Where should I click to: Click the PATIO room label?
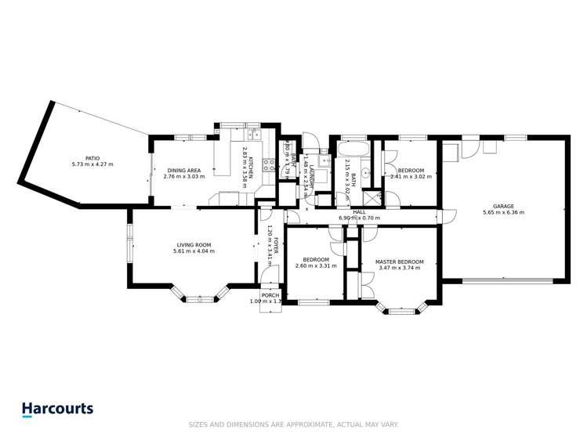[x=99, y=157]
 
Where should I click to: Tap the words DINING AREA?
[x=184, y=170]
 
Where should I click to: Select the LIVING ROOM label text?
[x=194, y=245]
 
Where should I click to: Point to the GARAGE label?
[x=503, y=206]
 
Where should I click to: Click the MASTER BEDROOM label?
[x=399, y=261]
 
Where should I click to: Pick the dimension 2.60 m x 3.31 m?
[x=316, y=266]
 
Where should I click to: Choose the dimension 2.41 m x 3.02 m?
[x=411, y=177]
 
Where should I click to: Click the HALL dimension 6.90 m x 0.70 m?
[x=359, y=218]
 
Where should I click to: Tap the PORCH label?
[x=270, y=295]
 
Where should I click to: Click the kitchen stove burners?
[x=269, y=164]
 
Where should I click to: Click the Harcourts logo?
[x=57, y=409]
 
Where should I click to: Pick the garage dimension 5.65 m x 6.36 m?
[x=503, y=212]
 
